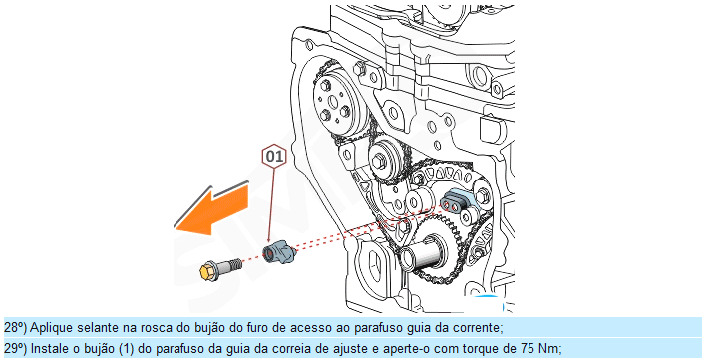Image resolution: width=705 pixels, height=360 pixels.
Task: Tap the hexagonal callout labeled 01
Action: click(274, 156)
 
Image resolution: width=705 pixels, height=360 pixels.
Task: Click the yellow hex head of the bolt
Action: click(207, 271)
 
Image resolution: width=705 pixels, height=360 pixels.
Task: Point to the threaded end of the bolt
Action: click(233, 264)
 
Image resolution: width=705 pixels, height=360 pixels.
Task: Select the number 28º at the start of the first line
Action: click(15, 328)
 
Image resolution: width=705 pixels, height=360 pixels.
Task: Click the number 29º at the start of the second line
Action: click(15, 348)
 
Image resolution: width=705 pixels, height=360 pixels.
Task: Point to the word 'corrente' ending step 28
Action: click(480, 328)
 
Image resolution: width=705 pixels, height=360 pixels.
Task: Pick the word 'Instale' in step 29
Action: click(47, 348)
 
